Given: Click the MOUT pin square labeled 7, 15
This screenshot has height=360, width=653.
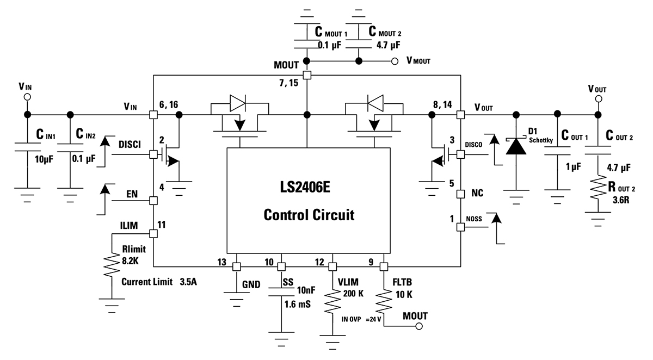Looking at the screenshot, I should coord(307,75).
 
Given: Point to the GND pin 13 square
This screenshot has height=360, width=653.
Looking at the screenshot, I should coord(236,267).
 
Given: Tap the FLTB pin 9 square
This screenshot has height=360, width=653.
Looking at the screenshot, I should coord(383,267).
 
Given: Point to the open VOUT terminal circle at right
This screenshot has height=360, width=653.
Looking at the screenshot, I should coord(598,99).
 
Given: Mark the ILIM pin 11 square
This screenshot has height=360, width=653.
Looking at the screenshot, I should coord(153,233).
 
